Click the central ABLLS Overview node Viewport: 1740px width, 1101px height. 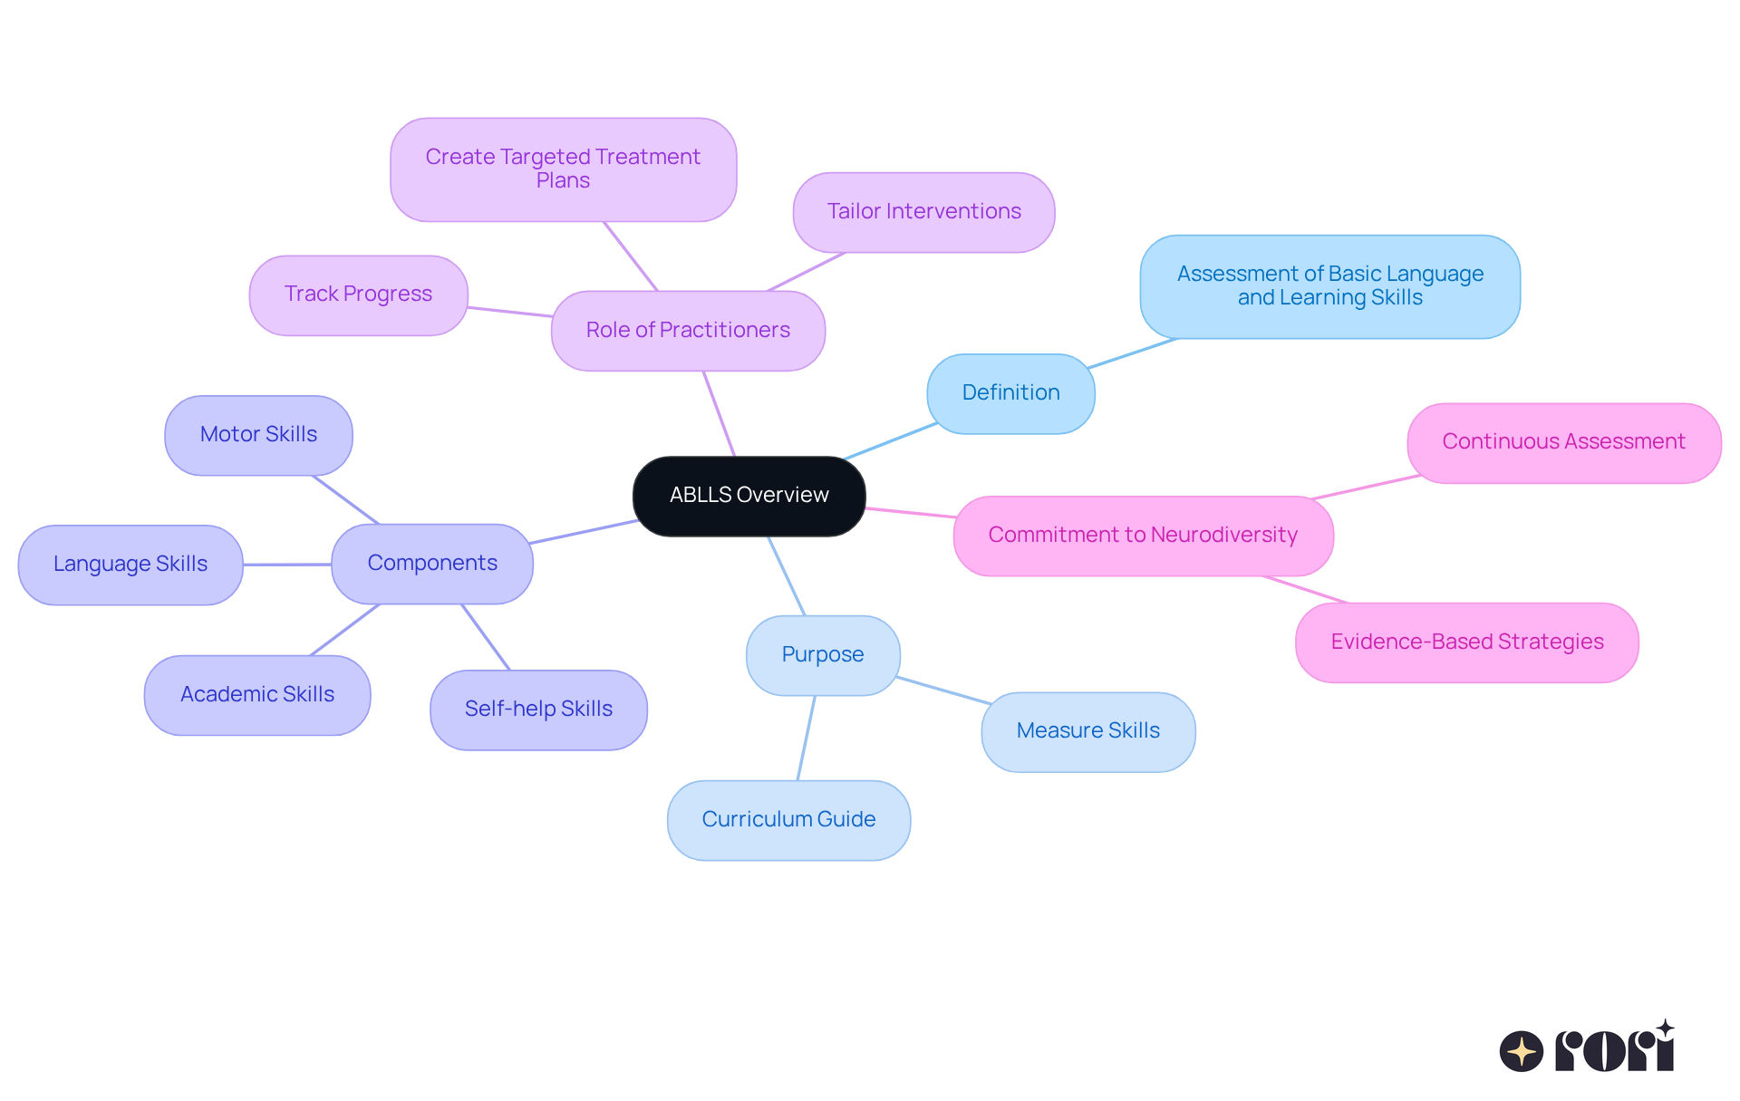coord(749,496)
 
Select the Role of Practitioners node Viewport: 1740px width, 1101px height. coord(688,331)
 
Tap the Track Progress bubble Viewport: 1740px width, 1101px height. coord(358,295)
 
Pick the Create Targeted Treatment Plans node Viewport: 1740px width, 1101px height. coord(563,169)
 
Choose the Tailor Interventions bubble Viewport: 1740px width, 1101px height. coord(923,212)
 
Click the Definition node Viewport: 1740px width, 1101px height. coord(1010,393)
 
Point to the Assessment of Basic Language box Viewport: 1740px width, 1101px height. coord(1329,286)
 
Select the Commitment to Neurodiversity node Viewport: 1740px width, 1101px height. coord(1143,536)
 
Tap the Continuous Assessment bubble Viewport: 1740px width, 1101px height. coord(1563,442)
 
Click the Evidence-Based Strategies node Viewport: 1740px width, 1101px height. coord(1466,642)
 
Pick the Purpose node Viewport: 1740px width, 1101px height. coord(823,655)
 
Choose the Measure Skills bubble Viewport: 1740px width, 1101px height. coord(1087,731)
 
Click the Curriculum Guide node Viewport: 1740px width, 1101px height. coord(788,820)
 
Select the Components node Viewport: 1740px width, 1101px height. coord(432,564)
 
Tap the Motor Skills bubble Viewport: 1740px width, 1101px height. coord(258,435)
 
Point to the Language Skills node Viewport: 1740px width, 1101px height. coord(130,565)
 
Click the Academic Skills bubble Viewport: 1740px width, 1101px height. coord(257,695)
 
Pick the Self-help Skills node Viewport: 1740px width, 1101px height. coord(538,710)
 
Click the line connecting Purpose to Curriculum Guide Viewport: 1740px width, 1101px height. coord(806,739)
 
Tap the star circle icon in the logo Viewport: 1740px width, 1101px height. coord(1521,1051)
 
